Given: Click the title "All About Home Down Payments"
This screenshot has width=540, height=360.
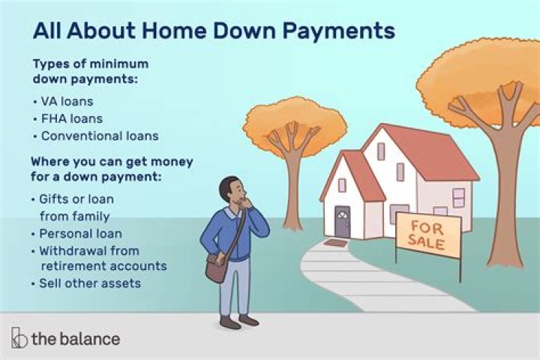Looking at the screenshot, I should point(213,31).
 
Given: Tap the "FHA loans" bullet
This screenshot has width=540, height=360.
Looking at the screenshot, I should point(71,118).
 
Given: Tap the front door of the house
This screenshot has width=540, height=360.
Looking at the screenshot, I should point(343,223).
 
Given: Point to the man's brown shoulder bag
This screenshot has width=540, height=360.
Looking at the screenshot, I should point(216,267).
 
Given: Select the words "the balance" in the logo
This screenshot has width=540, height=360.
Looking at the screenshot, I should point(75,339).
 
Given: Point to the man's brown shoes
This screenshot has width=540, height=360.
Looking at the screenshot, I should point(238,322).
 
